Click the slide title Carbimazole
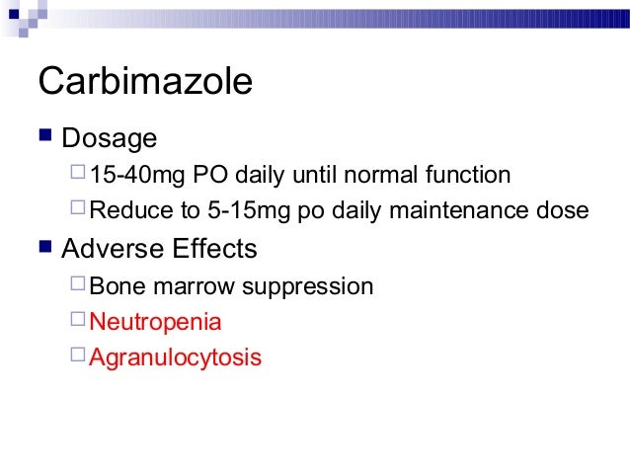tap(144, 82)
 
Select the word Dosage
tap(109, 138)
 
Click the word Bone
tap(114, 286)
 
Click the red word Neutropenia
tap(155, 322)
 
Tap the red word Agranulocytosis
tap(175, 357)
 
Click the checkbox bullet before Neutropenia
tap(78, 321)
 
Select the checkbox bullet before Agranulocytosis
tap(78, 356)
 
